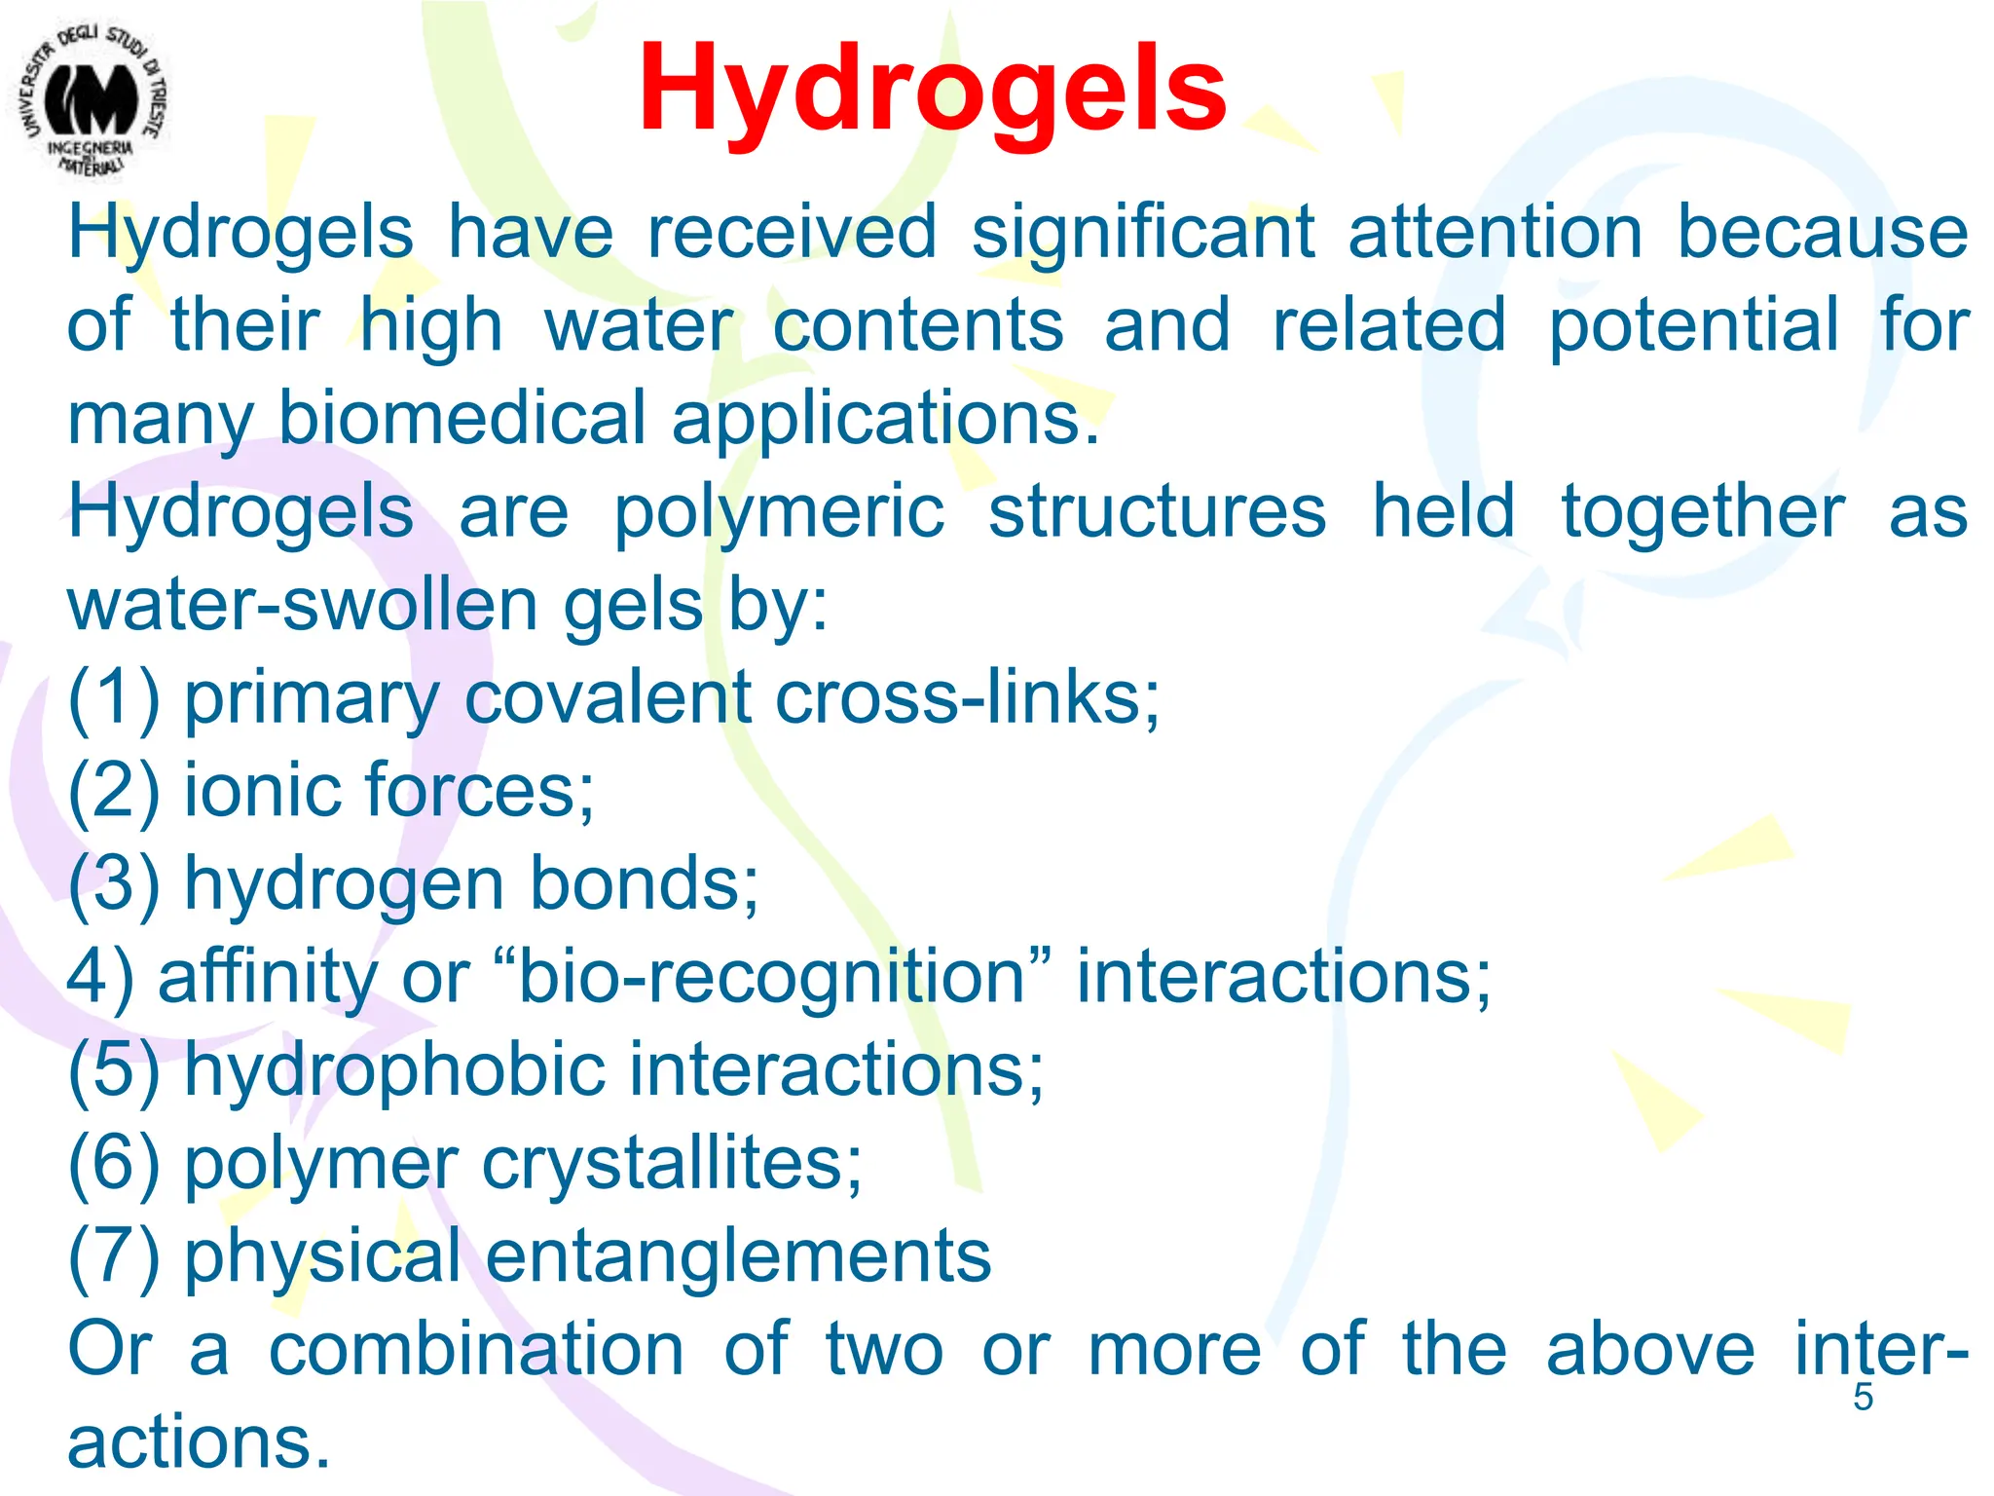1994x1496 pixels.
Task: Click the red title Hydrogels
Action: tap(932, 90)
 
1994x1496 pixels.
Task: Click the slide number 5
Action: tap(1863, 1397)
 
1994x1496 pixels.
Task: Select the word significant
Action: tap(1143, 234)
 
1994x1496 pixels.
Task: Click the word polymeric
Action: tap(779, 513)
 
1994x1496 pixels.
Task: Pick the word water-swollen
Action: tap(302, 606)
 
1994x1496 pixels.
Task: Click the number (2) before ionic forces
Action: tap(114, 791)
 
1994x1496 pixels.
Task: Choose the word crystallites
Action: tap(672, 1163)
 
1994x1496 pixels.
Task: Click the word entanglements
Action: tap(738, 1256)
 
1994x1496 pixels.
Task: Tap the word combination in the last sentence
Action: tap(476, 1350)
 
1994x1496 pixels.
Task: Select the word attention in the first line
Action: tap(1495, 234)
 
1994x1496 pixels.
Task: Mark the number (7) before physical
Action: tap(114, 1256)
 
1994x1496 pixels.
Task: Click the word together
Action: tap(1703, 513)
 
